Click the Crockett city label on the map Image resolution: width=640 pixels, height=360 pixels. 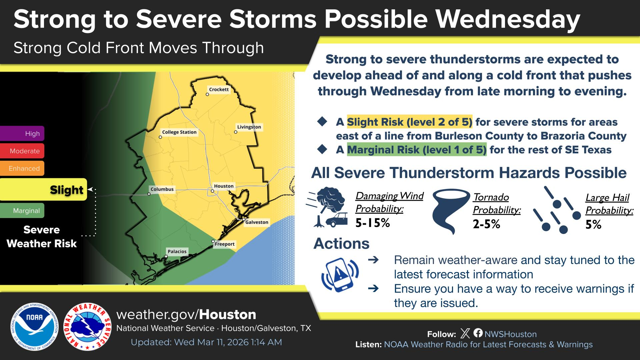click(219, 89)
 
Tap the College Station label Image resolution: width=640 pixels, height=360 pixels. click(179, 132)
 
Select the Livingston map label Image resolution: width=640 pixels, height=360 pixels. click(249, 127)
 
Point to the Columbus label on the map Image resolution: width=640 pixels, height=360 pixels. click(162, 189)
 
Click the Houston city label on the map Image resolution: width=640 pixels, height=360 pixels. click(224, 186)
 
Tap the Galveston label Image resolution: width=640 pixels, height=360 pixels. click(257, 222)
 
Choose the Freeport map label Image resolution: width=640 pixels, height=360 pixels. click(225, 244)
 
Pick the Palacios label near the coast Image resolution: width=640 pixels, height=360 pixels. click(177, 251)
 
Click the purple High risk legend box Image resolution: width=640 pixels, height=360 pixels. click(22, 133)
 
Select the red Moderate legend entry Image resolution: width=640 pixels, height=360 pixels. click(22, 151)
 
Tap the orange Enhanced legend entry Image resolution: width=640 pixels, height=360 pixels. click(22, 168)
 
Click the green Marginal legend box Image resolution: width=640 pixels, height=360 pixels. click(22, 211)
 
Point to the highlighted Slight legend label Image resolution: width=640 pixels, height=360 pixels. click(66, 190)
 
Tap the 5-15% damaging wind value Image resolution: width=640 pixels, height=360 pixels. click(373, 223)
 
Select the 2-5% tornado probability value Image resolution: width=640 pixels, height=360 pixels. click(486, 224)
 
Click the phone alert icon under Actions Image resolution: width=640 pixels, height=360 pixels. click(340, 275)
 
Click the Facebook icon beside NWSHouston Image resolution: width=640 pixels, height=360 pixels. click(478, 333)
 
